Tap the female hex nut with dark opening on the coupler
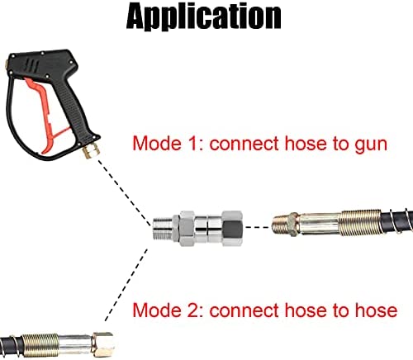(x=232, y=228)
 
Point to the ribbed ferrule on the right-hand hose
(x=360, y=223)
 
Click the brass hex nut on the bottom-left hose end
(x=103, y=344)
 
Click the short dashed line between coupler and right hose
(x=257, y=227)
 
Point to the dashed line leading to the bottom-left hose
(x=126, y=285)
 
